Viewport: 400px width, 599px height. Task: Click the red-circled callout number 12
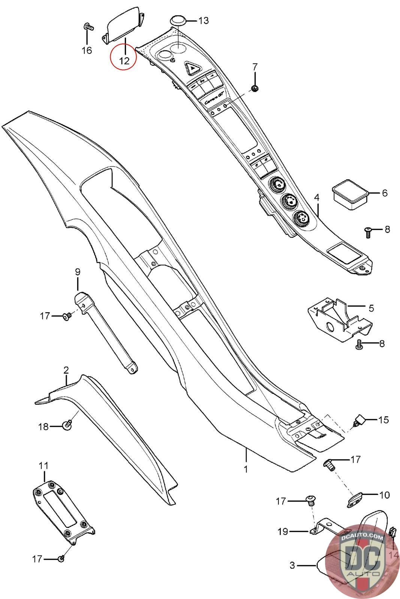[x=124, y=60]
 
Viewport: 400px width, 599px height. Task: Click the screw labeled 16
[x=88, y=27]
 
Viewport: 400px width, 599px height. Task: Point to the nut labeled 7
[x=255, y=88]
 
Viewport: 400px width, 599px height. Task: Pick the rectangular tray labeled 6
[x=350, y=194]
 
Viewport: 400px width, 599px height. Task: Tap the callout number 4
[x=317, y=197]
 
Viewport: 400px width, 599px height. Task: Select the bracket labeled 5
[x=339, y=318]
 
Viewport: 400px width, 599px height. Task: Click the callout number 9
[x=78, y=271]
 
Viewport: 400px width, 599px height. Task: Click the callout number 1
[x=246, y=469]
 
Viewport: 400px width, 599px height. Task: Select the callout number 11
[x=43, y=466]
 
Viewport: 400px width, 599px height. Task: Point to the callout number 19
[x=283, y=531]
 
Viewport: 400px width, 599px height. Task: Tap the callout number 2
[x=66, y=370]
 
